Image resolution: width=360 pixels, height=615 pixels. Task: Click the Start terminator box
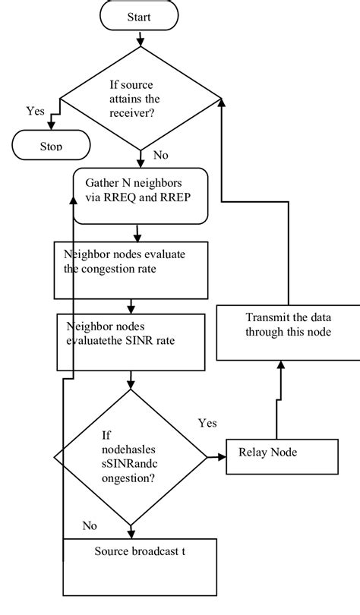tap(141, 16)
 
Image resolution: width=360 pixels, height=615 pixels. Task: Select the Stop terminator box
tap(51, 144)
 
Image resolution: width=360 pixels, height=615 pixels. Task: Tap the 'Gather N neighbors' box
tap(140, 196)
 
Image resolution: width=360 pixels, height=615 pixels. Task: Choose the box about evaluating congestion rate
tap(131, 270)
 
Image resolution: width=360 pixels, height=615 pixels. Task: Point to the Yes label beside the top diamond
tap(35, 111)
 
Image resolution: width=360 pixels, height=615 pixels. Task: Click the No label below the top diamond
tap(161, 155)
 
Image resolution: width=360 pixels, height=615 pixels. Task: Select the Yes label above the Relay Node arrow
tap(207, 422)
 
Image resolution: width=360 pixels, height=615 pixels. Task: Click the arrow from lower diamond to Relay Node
tap(216, 457)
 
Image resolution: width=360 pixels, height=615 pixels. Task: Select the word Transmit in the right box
tap(266, 317)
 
